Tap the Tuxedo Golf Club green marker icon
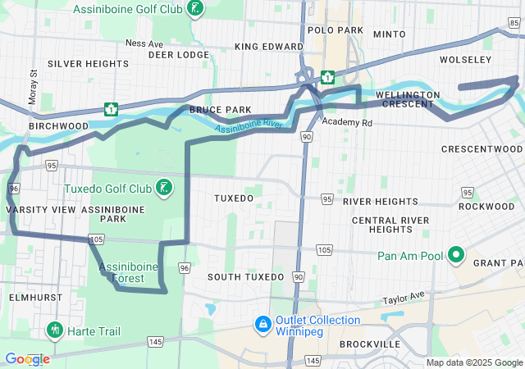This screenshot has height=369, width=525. click(x=165, y=189)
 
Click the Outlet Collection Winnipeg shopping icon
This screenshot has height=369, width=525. click(x=263, y=326)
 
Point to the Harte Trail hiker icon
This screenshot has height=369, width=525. click(x=56, y=330)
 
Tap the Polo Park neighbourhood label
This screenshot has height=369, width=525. click(x=335, y=30)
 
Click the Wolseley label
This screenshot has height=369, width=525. click(x=465, y=60)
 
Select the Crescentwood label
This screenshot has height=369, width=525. click(x=482, y=149)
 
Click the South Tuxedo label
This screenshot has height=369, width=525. click(x=247, y=277)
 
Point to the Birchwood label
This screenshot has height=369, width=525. click(x=58, y=126)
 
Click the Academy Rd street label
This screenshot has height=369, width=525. click(x=347, y=122)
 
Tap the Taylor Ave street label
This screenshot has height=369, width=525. click(x=404, y=297)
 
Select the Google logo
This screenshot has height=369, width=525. click(x=27, y=359)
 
